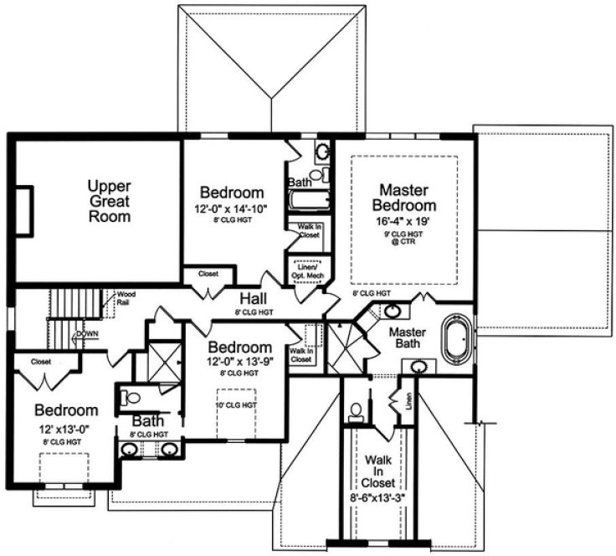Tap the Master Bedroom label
406,198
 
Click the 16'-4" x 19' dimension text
406,223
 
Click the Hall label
254,299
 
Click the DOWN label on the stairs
86,333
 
